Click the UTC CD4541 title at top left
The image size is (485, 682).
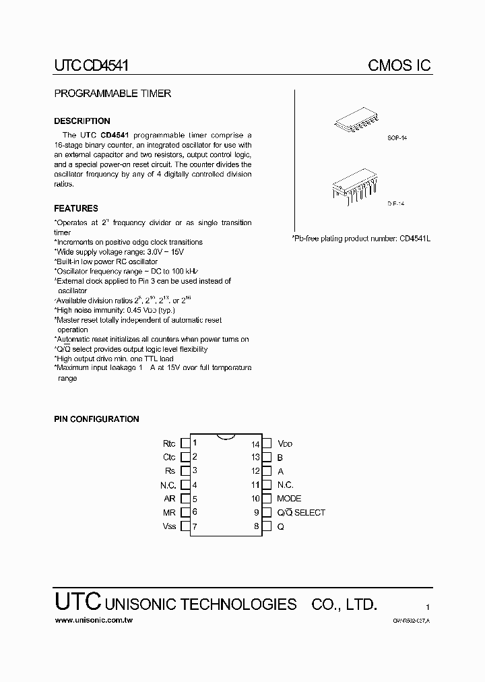click(91, 65)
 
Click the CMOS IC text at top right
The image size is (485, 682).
click(399, 65)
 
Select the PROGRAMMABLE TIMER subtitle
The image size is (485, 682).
click(112, 94)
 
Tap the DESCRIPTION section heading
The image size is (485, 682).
click(82, 121)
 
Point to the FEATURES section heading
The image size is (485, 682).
click(76, 209)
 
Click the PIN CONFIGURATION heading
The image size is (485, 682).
click(96, 419)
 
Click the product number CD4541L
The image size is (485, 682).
click(416, 238)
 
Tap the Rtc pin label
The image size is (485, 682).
click(169, 443)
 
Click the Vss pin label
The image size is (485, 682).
click(169, 526)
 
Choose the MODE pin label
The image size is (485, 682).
click(289, 499)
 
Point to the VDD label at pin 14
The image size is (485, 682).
click(285, 444)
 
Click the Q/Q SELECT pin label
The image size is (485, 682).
click(300, 513)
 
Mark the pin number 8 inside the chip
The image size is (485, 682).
click(257, 526)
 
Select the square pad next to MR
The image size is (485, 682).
click(185, 513)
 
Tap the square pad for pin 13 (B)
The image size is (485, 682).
click(267, 458)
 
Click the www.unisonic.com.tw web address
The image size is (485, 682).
click(93, 619)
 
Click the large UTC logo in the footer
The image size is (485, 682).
click(77, 602)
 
